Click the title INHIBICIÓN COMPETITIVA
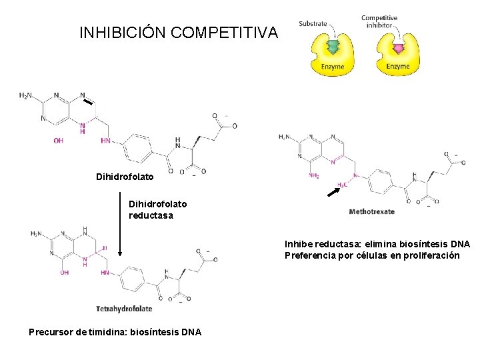178,32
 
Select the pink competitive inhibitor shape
398,49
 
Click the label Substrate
313,24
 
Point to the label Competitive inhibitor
379,22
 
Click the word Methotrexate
371,212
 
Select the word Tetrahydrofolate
124,309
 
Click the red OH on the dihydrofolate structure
59,141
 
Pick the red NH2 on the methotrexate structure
313,177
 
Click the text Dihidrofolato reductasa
157,209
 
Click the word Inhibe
299,245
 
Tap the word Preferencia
311,255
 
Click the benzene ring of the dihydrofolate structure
140,149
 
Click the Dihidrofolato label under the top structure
124,177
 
